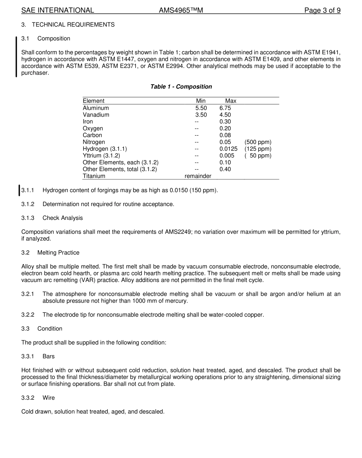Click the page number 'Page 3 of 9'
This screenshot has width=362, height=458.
click(x=322, y=10)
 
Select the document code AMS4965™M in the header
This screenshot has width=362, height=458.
click(x=181, y=10)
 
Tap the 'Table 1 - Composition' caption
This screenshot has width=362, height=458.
click(x=181, y=86)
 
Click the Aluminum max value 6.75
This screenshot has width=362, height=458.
click(x=225, y=108)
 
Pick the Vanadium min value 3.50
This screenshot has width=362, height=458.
click(x=201, y=115)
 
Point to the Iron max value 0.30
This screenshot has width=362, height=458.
click(x=225, y=122)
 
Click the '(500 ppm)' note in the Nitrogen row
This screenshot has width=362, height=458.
click(x=258, y=142)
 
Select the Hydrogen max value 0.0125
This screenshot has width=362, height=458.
click(x=228, y=149)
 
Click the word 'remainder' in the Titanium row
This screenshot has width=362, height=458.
click(x=198, y=176)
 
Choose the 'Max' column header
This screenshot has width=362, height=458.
click(x=231, y=101)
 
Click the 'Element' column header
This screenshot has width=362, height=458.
click(x=93, y=101)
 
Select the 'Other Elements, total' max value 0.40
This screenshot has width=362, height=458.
click(x=225, y=169)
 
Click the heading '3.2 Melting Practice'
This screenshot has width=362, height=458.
click(x=50, y=253)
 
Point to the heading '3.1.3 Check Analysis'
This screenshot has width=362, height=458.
click(x=52, y=218)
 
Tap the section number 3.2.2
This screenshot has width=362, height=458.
click(x=27, y=315)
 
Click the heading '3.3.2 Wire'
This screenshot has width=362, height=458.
click(x=38, y=398)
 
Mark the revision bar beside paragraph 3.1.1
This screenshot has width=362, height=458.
click(x=19, y=190)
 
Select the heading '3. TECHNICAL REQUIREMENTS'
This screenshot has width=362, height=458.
click(x=68, y=24)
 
